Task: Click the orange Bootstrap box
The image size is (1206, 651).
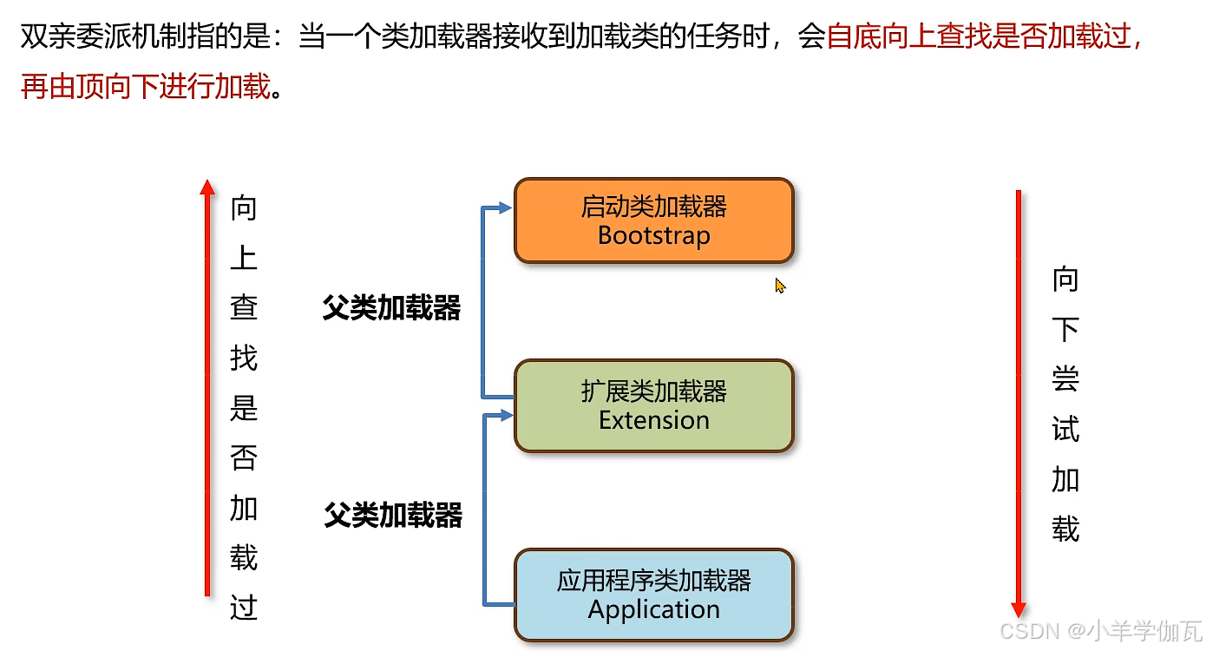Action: [x=653, y=220]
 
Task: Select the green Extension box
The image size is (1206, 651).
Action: [x=653, y=406]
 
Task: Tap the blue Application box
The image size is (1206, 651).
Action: [x=653, y=595]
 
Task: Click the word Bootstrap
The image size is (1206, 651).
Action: [x=653, y=235]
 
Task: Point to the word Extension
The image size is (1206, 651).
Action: [x=653, y=420]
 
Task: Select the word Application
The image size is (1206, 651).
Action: [x=653, y=609]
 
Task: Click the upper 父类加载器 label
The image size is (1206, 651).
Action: [x=391, y=308]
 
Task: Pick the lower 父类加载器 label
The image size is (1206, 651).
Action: [x=393, y=515]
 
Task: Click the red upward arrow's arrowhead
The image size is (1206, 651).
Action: [x=206, y=186]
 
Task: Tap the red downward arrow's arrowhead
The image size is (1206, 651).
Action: [x=1019, y=609]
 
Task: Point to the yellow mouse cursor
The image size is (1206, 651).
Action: [x=779, y=286]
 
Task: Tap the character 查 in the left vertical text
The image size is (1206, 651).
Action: [x=244, y=308]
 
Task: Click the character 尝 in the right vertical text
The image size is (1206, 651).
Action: [x=1065, y=379]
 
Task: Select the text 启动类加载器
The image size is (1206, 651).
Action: [x=653, y=207]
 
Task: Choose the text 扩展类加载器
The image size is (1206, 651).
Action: [x=653, y=391]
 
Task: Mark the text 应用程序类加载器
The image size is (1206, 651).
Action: [x=653, y=581]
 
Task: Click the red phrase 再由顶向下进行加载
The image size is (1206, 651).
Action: [x=146, y=87]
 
